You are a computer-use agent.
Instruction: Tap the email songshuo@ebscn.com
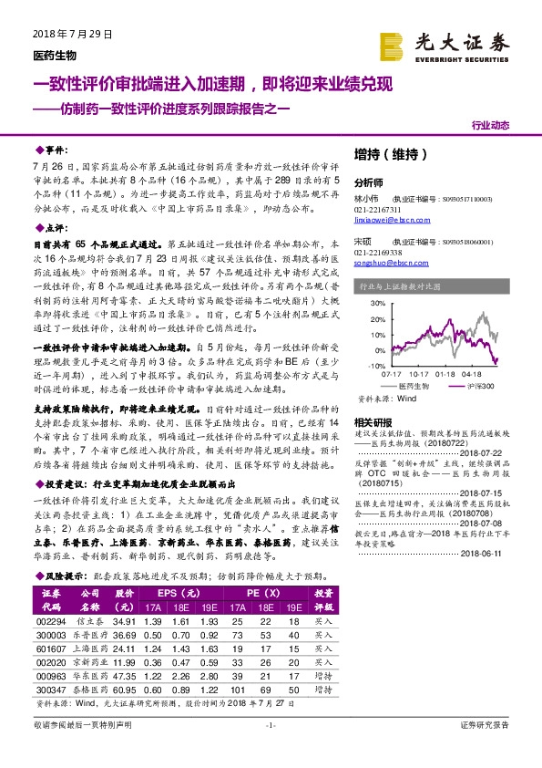tap(386, 261)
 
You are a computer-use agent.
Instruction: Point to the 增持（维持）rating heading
tap(389, 155)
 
